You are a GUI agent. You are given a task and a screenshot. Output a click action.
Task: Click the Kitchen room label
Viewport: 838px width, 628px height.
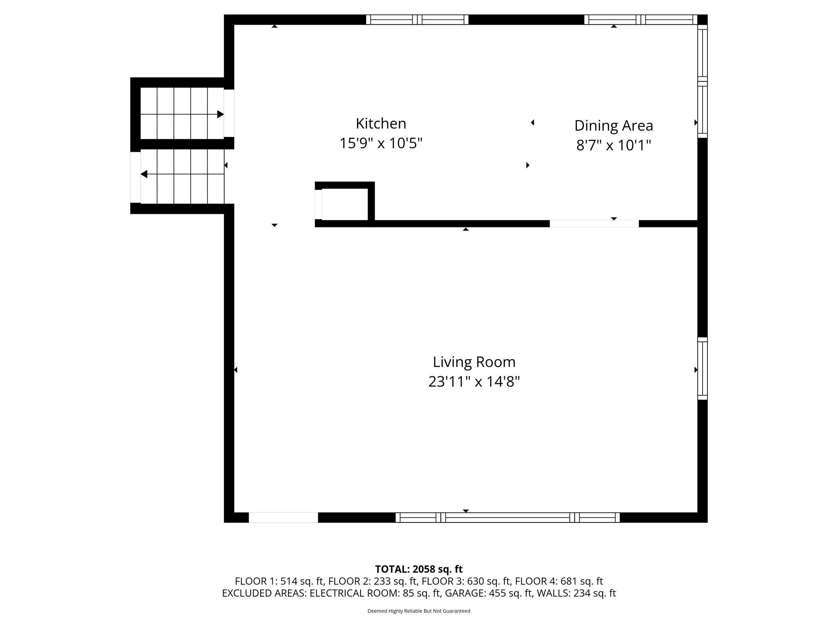point(381,124)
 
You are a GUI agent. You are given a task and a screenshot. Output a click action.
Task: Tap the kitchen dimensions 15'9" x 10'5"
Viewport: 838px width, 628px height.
point(381,143)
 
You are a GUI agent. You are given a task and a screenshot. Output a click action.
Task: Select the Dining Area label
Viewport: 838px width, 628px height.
point(614,126)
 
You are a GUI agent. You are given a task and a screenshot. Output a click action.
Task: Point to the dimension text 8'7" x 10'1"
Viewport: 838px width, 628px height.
point(614,145)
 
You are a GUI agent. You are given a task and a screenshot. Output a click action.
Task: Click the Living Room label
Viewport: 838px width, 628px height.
point(474,362)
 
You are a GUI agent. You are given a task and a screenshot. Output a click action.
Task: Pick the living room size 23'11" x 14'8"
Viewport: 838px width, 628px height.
point(474,381)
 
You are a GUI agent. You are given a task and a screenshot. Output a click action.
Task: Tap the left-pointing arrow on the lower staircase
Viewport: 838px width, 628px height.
point(182,174)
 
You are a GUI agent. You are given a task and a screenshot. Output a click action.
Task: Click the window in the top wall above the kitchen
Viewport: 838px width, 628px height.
point(417,20)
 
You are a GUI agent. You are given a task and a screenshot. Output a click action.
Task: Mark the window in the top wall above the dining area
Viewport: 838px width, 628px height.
point(641,20)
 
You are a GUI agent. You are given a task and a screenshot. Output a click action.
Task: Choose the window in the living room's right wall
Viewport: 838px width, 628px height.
point(702,368)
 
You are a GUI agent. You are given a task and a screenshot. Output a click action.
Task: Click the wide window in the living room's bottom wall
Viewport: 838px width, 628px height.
point(508,517)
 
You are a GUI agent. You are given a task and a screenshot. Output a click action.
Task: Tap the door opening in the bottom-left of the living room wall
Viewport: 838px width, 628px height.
point(283,517)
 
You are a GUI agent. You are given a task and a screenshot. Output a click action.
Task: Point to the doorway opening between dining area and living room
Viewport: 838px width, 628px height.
point(594,224)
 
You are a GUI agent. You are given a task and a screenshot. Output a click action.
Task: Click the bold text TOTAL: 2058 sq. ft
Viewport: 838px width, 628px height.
point(419,569)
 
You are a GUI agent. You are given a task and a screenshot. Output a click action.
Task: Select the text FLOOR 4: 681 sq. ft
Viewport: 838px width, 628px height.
point(559,581)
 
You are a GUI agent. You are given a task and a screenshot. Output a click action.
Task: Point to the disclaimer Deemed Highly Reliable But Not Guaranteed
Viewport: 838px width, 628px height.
point(419,611)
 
